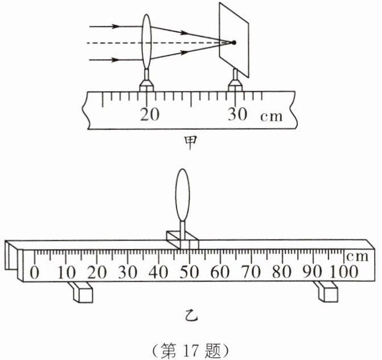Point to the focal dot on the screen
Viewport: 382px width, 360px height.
[233, 42]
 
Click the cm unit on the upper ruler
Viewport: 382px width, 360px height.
[271, 116]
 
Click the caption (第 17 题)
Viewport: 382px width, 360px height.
[191, 347]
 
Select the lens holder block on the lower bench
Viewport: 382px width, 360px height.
[182, 239]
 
